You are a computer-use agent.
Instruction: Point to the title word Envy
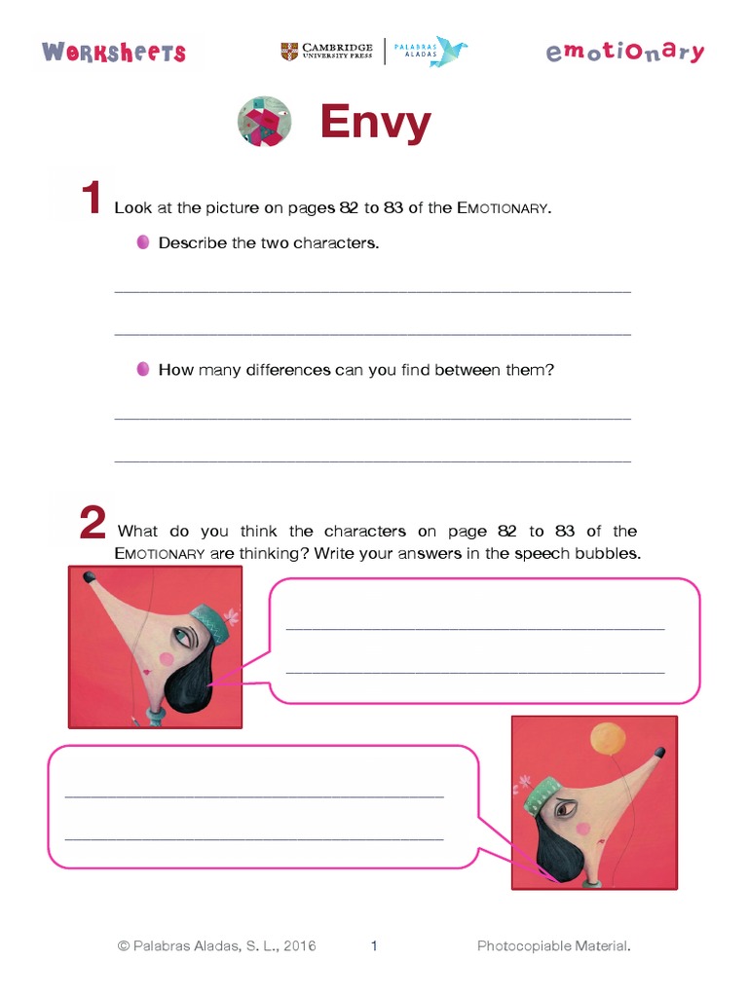click(x=375, y=123)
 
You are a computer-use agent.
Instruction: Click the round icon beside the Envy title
click(x=265, y=122)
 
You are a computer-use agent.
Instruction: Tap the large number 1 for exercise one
click(x=91, y=200)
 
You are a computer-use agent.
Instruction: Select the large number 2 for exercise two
click(x=92, y=523)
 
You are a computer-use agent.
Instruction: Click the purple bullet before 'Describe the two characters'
click(x=143, y=241)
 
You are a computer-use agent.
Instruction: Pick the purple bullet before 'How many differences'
click(x=143, y=369)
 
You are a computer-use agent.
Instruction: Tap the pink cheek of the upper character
click(x=166, y=659)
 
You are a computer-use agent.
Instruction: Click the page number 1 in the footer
click(x=374, y=945)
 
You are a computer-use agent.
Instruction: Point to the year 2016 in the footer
click(x=297, y=945)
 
